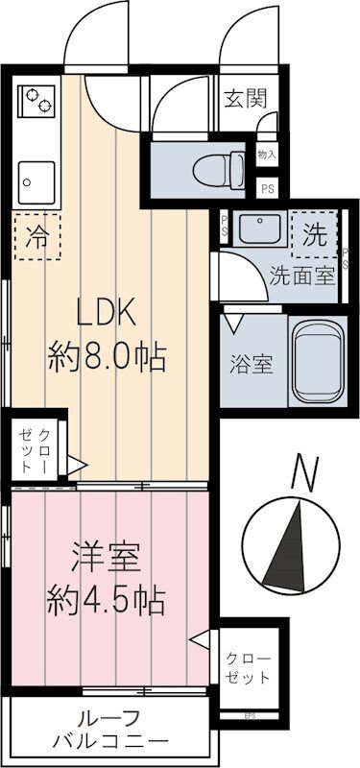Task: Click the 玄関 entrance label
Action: [x=246, y=98]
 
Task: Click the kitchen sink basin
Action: [x=36, y=180]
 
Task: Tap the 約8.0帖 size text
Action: [x=108, y=358]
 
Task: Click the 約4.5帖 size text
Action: [x=108, y=601]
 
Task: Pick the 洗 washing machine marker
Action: [x=313, y=232]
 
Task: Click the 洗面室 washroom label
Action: [x=301, y=275]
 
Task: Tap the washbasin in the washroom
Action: [x=255, y=230]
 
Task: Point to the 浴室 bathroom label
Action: [x=251, y=365]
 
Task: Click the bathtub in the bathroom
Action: [x=316, y=362]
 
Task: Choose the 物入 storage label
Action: [x=268, y=154]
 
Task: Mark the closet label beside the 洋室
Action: [x=249, y=667]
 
